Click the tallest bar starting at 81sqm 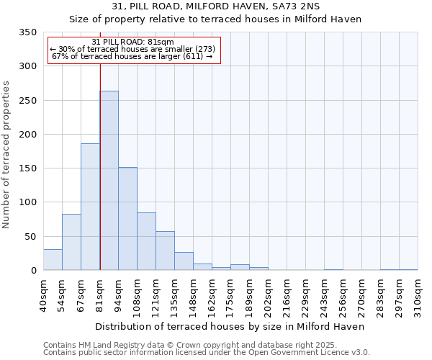pos(109,181)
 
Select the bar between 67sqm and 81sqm pos(90,207)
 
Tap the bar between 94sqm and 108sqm pos(127,219)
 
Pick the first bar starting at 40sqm pos(53,260)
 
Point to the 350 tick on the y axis pos(27,32)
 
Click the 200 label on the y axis pos(27,135)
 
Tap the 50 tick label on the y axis pos(30,237)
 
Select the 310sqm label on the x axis pos(418,295)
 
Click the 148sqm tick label pos(193,295)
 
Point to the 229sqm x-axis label pos(305,295)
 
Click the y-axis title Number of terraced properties pos(6,155)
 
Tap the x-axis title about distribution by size pos(230,326)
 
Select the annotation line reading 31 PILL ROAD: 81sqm pos(133,42)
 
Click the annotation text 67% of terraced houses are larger pos(132,57)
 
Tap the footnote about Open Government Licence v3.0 pos(207,352)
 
